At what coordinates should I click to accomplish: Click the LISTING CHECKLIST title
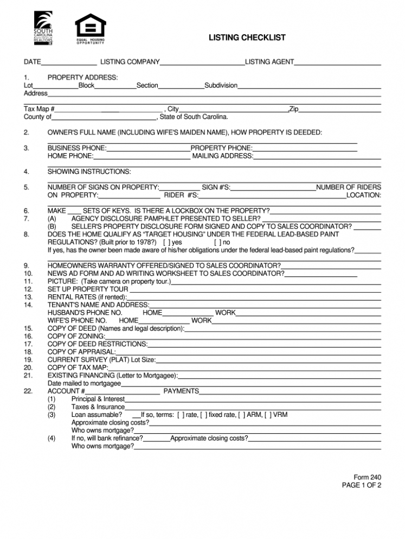tap(247, 37)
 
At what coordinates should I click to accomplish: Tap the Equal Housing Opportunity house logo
tap(90, 26)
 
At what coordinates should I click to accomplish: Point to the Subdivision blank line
tap(309, 86)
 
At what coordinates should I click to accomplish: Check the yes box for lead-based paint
tap(165, 242)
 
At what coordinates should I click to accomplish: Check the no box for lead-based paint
tap(217, 242)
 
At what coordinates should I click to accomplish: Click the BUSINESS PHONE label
tap(77, 148)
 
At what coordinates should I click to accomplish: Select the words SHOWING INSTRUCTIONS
tap(89, 172)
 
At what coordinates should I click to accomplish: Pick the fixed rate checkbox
tap(203, 415)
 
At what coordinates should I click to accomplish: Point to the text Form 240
tap(368, 477)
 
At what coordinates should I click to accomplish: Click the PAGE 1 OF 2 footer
tap(361, 485)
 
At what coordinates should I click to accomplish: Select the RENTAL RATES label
tap(87, 297)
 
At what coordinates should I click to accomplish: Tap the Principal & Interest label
tap(98, 399)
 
